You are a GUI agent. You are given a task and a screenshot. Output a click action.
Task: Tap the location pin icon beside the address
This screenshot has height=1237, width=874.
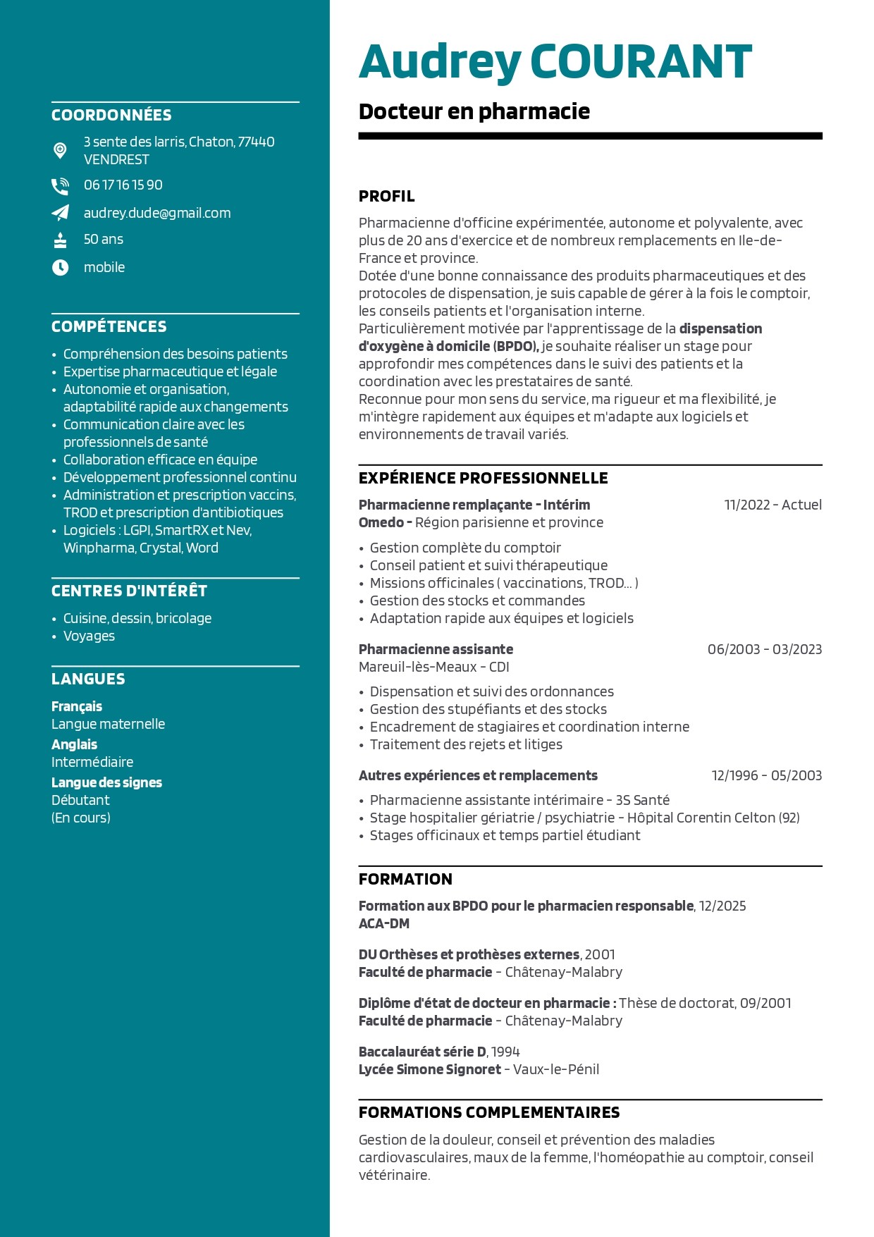pos(61,150)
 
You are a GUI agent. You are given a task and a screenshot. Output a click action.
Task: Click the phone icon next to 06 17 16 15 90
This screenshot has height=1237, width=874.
pos(60,186)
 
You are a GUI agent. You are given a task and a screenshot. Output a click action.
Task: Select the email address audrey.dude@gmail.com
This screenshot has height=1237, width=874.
pos(157,213)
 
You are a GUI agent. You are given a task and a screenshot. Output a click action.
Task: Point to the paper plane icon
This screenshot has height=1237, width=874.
pos(61,213)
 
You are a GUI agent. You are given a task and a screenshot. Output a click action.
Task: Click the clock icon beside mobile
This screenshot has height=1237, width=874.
pos(61,267)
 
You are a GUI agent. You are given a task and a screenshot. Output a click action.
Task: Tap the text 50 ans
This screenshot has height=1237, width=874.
pos(104,240)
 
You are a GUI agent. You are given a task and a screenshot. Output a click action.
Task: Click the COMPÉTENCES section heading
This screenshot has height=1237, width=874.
pos(109,326)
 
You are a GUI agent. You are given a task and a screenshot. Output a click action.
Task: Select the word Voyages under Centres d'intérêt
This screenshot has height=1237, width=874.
pos(89,636)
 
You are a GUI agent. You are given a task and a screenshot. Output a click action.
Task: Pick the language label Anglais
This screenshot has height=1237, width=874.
pos(75,744)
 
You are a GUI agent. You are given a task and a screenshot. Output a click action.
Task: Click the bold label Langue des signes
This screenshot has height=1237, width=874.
pos(106,782)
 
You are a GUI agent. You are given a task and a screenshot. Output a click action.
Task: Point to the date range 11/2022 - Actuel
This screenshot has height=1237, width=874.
pos(773,505)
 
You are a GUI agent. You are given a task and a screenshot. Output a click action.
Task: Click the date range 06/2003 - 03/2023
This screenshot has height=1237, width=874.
pos(764,649)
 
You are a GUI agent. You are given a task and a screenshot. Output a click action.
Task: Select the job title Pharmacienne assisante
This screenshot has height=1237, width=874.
pos(436,649)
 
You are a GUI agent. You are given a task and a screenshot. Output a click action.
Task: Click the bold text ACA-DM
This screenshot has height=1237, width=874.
pos(384,923)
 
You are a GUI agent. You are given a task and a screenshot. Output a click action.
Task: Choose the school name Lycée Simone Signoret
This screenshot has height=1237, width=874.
pos(429,1069)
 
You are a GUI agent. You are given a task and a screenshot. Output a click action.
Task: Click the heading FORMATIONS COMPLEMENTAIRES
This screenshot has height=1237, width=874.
pos(489,1112)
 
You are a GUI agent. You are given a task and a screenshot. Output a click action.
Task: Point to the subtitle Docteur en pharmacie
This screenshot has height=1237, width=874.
pos(474,111)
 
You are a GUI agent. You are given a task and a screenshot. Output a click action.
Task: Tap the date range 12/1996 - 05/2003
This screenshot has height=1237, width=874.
pos(766,775)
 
